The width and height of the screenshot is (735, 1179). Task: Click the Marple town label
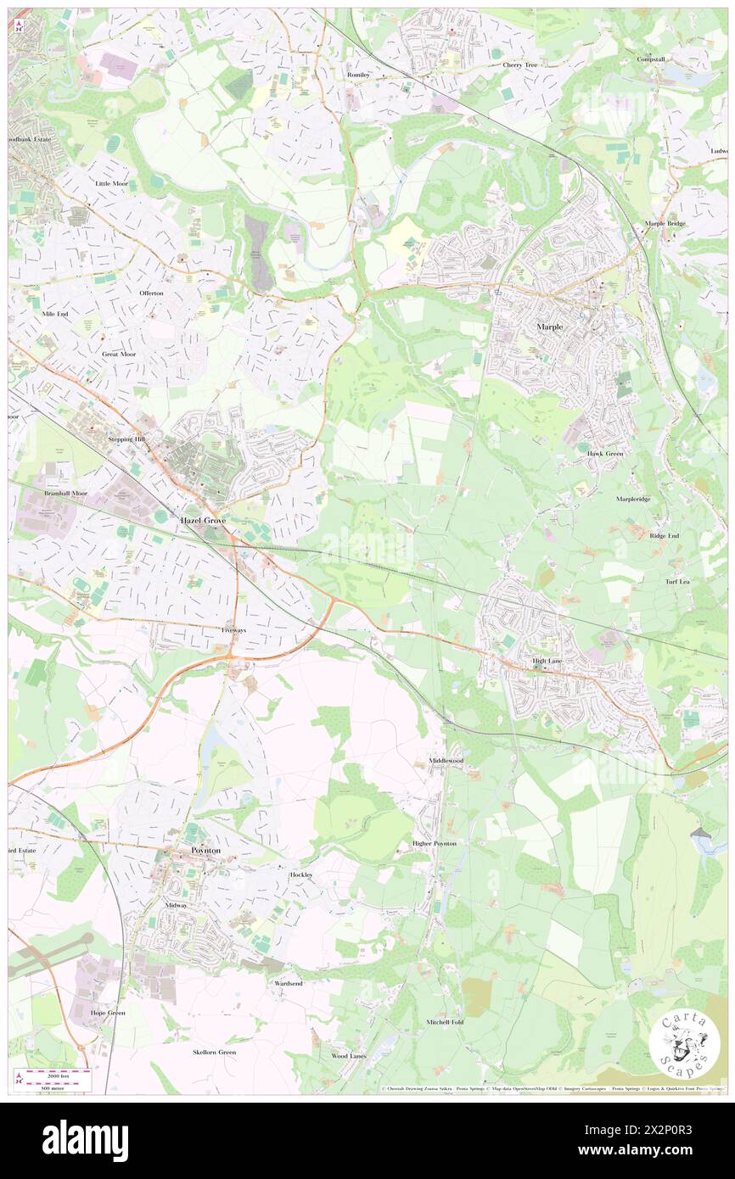pyautogui.click(x=549, y=327)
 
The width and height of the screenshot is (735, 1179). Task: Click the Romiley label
pyautogui.click(x=359, y=75)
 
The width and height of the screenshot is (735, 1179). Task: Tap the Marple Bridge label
pyautogui.click(x=665, y=224)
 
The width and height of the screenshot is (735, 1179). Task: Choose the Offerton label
pyautogui.click(x=156, y=293)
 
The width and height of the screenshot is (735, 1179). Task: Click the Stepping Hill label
pyautogui.click(x=127, y=439)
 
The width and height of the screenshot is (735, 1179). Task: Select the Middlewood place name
pyautogui.click(x=446, y=761)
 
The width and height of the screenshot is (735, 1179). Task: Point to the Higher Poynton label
pyautogui.click(x=434, y=843)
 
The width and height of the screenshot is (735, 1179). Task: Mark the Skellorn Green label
pyautogui.click(x=214, y=1052)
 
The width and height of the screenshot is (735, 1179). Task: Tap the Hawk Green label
pyautogui.click(x=606, y=454)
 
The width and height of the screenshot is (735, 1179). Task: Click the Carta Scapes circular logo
pyautogui.click(x=684, y=1045)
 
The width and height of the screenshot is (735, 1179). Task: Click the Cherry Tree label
pyautogui.click(x=519, y=64)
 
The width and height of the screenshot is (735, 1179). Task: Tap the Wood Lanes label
pyautogui.click(x=349, y=1055)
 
